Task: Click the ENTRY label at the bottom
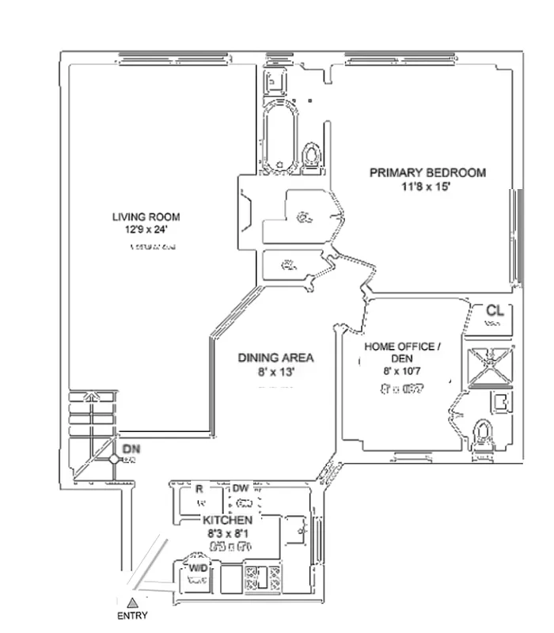[132, 615]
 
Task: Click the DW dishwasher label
[241, 487]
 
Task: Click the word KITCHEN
[227, 520]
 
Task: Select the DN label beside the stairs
[131, 449]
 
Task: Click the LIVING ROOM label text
[146, 217]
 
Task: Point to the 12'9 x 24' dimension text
[146, 229]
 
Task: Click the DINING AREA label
[275, 358]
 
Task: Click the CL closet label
[495, 310]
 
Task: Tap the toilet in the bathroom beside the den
[484, 434]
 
